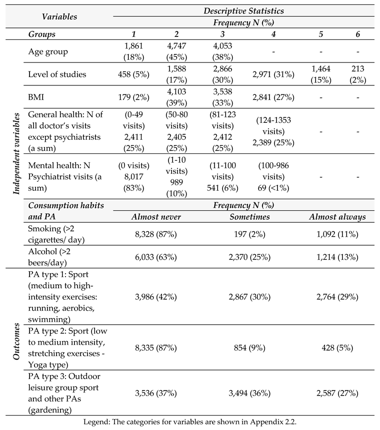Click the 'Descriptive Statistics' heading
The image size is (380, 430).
[243, 9]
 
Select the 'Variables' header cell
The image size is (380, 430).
[60, 16]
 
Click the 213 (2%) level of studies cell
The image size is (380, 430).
[356, 74]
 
